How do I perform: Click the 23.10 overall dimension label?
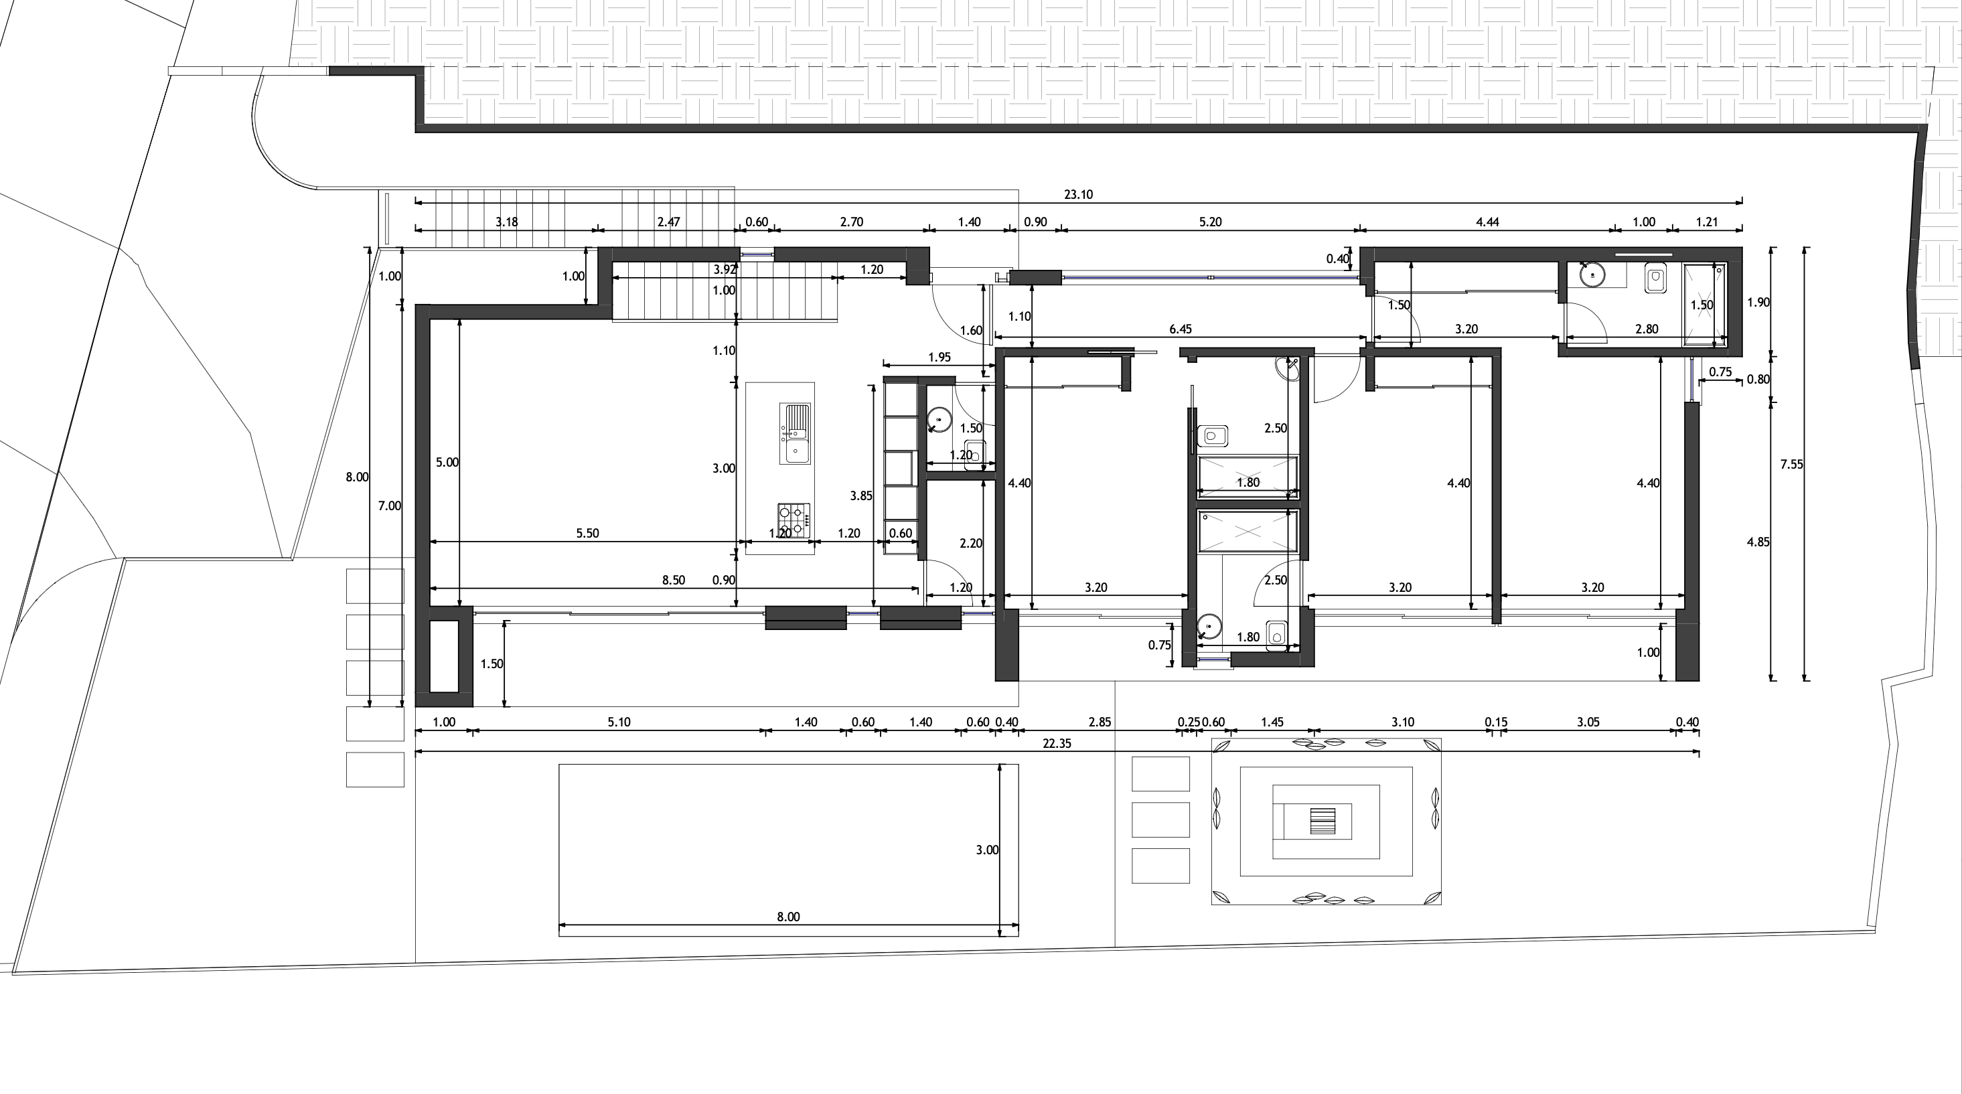click(x=1077, y=194)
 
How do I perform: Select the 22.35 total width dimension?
click(x=1057, y=743)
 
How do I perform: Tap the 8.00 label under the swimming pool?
click(x=788, y=917)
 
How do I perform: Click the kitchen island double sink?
click(x=794, y=433)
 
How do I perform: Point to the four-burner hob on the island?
click(x=793, y=519)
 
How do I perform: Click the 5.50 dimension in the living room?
click(x=587, y=533)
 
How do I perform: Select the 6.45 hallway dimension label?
click(x=1180, y=329)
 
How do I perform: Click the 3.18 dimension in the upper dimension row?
click(x=506, y=222)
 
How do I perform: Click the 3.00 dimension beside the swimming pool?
click(x=986, y=850)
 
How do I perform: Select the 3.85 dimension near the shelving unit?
click(x=860, y=495)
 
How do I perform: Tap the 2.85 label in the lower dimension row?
click(x=1099, y=722)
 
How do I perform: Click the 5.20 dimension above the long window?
click(x=1209, y=222)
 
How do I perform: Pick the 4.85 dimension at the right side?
click(x=1757, y=542)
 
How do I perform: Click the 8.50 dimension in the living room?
click(x=672, y=580)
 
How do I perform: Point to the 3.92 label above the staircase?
click(x=725, y=270)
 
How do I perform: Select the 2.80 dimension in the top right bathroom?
click(x=1646, y=329)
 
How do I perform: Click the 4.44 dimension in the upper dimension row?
click(x=1487, y=222)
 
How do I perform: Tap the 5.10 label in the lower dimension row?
click(x=619, y=722)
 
